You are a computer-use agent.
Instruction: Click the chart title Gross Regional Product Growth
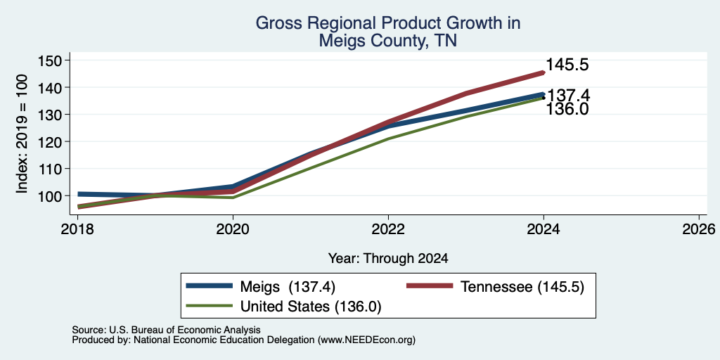pos(388,23)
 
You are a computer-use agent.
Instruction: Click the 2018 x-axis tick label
pos(77,229)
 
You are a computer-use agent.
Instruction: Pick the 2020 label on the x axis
pos(233,229)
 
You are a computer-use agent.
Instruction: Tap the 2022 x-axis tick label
pos(388,229)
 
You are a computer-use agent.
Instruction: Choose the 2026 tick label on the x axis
pos(699,229)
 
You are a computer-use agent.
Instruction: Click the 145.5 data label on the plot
pos(567,65)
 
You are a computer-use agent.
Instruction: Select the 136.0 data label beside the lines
pos(567,109)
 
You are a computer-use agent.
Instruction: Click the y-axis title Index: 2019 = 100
pos(22,134)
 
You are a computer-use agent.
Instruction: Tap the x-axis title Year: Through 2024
pos(388,259)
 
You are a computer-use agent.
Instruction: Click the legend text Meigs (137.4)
pos(288,287)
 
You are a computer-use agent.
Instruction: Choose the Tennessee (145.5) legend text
pos(522,287)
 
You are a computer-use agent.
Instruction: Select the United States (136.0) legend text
pos(310,307)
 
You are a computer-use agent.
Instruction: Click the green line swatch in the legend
pos(209,306)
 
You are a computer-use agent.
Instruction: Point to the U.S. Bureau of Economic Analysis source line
pos(166,330)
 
